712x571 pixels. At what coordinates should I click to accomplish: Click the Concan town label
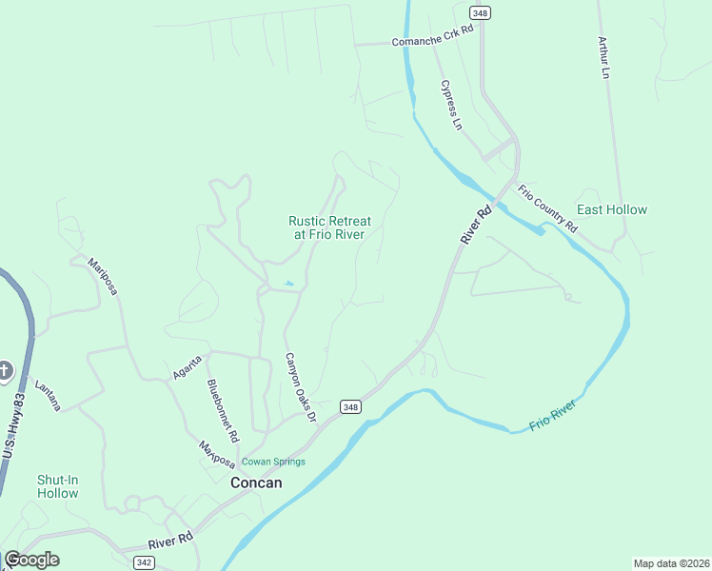click(256, 482)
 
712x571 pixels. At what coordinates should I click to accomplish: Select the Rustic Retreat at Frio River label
click(329, 227)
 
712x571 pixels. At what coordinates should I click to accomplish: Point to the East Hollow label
click(612, 209)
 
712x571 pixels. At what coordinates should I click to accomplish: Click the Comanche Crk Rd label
click(431, 42)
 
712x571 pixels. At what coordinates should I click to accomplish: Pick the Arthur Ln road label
click(603, 57)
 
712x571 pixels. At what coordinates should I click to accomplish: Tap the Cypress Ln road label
click(451, 105)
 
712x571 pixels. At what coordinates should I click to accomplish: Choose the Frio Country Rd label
click(547, 208)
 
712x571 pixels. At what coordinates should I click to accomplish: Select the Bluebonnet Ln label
click(222, 411)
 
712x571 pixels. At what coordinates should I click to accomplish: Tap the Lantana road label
click(48, 396)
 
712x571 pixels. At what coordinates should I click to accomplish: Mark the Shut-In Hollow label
click(57, 486)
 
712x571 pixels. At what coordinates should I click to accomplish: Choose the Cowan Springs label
click(273, 462)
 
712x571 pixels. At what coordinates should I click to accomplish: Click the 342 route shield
click(144, 562)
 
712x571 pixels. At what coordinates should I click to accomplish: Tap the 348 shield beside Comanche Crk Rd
click(480, 11)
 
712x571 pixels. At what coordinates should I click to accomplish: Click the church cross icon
click(5, 370)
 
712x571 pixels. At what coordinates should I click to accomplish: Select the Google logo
click(32, 560)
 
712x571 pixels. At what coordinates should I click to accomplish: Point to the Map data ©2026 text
click(670, 562)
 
